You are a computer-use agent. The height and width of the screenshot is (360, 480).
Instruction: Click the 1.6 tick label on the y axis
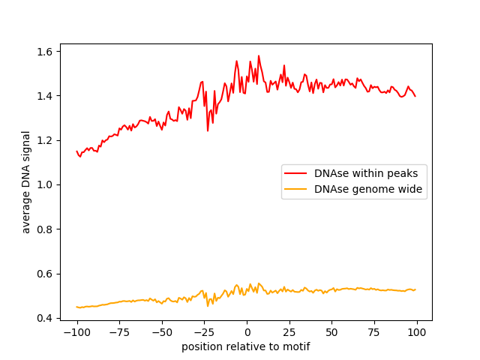click(x=44, y=52)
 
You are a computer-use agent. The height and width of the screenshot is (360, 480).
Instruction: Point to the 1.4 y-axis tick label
click(x=44, y=96)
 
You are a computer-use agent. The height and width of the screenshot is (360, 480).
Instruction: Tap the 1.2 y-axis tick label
click(x=44, y=140)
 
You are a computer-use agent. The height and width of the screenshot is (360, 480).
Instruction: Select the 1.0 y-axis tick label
click(x=44, y=185)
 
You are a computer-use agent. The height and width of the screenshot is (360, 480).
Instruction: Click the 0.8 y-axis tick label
click(x=44, y=229)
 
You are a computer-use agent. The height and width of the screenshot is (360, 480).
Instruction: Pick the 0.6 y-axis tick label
click(x=44, y=274)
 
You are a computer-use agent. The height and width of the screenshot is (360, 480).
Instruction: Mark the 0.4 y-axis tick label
click(x=44, y=318)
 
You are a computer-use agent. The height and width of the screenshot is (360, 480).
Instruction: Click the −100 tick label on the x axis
click(x=76, y=332)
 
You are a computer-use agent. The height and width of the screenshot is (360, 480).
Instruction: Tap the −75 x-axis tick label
click(x=119, y=332)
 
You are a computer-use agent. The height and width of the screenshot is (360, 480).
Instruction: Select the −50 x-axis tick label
click(x=162, y=332)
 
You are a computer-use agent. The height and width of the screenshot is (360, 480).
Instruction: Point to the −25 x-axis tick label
click(x=204, y=332)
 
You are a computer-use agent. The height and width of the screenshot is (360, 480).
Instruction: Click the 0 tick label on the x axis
click(x=247, y=332)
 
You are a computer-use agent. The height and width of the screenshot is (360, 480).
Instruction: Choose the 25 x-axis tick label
click(x=289, y=332)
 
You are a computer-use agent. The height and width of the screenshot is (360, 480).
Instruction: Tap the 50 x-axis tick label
click(x=331, y=332)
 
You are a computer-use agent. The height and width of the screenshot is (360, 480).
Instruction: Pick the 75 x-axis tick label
click(x=374, y=332)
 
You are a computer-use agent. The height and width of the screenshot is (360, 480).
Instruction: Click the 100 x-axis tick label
click(x=417, y=332)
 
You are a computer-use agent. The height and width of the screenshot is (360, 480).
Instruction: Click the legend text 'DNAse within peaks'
click(x=366, y=173)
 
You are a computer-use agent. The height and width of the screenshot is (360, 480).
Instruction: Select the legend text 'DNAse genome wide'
click(x=368, y=189)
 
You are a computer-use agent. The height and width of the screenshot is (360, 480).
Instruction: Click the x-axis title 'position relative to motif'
click(x=246, y=346)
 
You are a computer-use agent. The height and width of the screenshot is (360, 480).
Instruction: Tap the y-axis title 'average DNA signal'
click(x=26, y=182)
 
